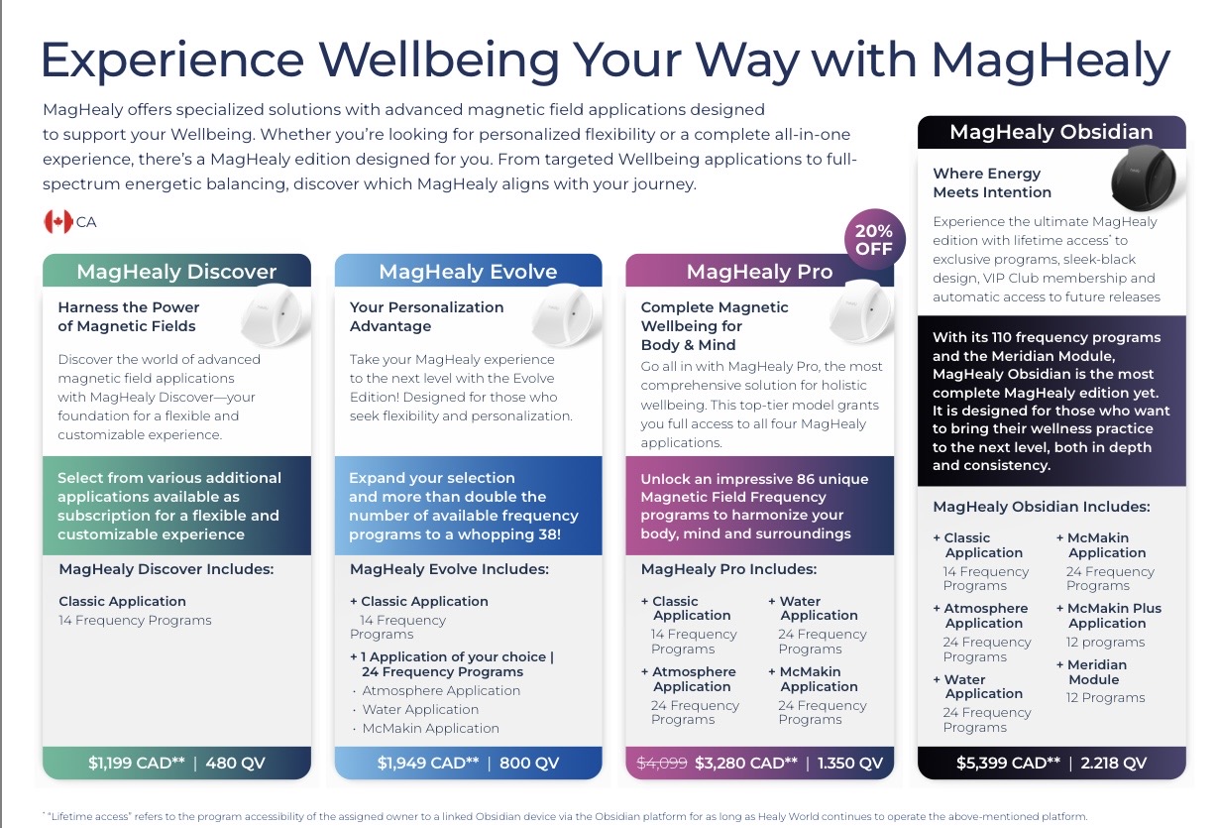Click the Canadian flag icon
coord(58,222)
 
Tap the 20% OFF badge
coord(874,240)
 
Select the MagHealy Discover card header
coord(176,271)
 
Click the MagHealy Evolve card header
coord(468,271)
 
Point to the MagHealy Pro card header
coord(759,271)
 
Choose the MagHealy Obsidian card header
coord(1052,132)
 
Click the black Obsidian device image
coord(1143,177)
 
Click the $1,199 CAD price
coord(137,763)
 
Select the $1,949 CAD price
coord(428,763)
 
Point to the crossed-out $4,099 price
coord(662,763)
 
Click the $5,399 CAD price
coord(1008,763)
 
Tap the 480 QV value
coord(236,763)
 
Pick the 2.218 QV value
coord(1114,763)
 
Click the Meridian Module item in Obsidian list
coord(1097,672)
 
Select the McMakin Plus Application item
coord(1109,615)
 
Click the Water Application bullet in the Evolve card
coord(420,709)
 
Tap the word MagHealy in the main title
coord(1052,61)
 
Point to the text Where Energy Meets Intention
coord(992,182)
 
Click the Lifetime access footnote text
coord(566,816)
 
